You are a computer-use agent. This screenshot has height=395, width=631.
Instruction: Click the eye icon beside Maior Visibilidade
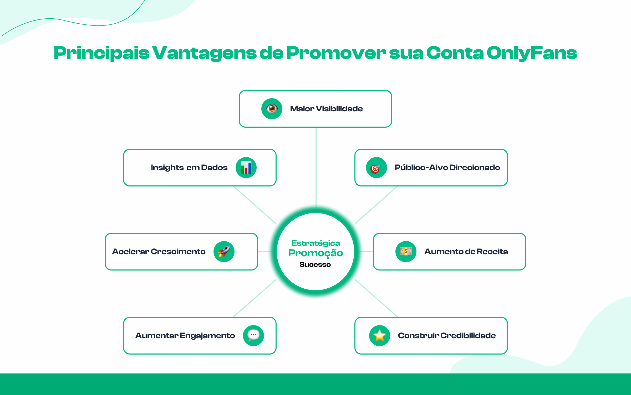pyautogui.click(x=272, y=108)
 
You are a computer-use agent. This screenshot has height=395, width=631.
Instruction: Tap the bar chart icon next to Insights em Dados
pyautogui.click(x=246, y=168)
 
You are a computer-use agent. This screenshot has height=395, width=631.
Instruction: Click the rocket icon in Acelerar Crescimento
pyautogui.click(x=224, y=251)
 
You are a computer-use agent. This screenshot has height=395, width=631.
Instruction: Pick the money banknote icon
pyautogui.click(x=406, y=251)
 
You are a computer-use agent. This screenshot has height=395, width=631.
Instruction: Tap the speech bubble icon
pyautogui.click(x=253, y=335)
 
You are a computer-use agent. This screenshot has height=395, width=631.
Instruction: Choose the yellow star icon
pyautogui.click(x=380, y=335)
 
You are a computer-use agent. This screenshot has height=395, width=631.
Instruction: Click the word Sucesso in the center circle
pyautogui.click(x=315, y=264)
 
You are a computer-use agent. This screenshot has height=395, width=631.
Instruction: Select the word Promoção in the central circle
pyautogui.click(x=315, y=253)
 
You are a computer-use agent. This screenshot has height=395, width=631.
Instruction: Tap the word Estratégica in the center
pyautogui.click(x=315, y=243)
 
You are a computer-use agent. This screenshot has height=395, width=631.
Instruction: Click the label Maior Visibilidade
pyautogui.click(x=326, y=109)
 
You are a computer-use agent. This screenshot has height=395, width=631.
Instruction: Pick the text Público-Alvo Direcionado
pyautogui.click(x=447, y=168)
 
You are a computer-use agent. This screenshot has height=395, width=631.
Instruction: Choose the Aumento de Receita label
pyautogui.click(x=466, y=252)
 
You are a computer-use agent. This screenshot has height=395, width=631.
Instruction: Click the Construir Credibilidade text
pyautogui.click(x=447, y=336)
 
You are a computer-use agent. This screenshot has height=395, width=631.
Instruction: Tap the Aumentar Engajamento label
pyautogui.click(x=185, y=336)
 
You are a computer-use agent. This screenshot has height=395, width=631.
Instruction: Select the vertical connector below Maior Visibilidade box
pyautogui.click(x=316, y=167)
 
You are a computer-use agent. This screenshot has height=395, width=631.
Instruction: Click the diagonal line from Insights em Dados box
pyautogui.click(x=255, y=205)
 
